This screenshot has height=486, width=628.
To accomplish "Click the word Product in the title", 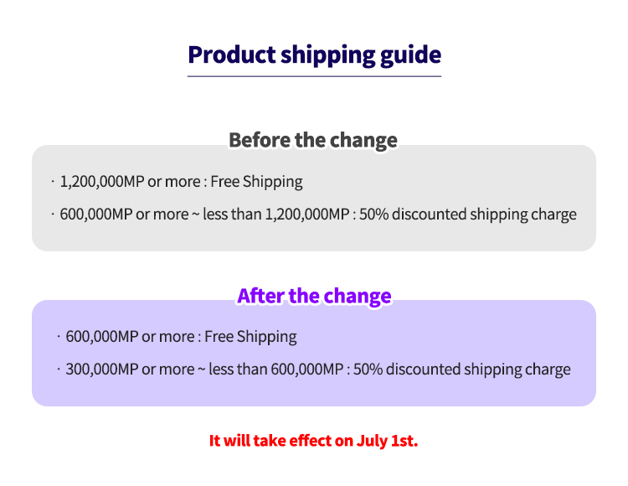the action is (232, 54).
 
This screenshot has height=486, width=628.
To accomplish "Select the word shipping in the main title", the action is (328, 56).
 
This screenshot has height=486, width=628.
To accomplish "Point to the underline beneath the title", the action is (314, 76).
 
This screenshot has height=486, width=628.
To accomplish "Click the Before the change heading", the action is (313, 140).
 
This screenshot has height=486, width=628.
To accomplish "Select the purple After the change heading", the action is (314, 296).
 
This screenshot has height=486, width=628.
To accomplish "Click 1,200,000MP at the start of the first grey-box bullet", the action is (102, 182).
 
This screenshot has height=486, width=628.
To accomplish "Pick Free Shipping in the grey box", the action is (256, 182).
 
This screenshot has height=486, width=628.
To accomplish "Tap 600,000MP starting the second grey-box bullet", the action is (96, 215).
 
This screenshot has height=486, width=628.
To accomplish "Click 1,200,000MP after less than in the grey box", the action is (307, 215).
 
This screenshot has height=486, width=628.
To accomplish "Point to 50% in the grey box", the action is (374, 215).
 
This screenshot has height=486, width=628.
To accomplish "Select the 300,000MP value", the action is (102, 370).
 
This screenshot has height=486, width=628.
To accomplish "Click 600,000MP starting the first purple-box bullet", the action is (102, 337).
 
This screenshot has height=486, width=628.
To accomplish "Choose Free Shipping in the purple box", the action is (250, 337).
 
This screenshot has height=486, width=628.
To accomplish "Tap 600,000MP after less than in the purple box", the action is (307, 370).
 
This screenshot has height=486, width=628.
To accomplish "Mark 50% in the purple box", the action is (368, 370).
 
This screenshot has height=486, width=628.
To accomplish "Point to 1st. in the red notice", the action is (404, 441).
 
